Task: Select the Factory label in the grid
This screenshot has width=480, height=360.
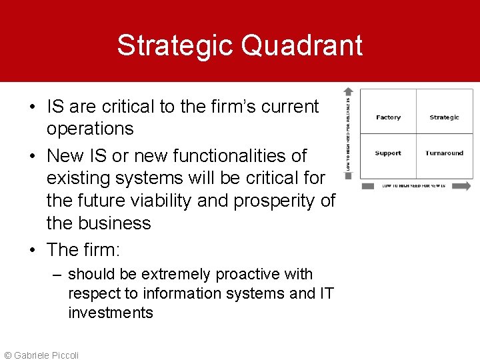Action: point(388,117)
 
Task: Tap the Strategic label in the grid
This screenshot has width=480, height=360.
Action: point(444,117)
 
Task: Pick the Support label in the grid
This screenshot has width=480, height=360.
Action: point(388,153)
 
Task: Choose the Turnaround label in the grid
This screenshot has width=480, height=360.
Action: point(444,153)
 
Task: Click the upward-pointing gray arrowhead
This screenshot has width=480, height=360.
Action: point(348,92)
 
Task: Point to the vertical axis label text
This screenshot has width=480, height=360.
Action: point(348,133)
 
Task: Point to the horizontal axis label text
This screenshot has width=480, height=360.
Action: point(413,186)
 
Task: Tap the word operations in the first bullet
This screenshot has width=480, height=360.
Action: point(90,129)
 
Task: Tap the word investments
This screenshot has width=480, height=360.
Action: point(111,313)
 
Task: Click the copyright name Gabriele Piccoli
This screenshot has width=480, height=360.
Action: point(45,355)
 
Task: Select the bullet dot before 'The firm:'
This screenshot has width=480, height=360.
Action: point(33,250)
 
